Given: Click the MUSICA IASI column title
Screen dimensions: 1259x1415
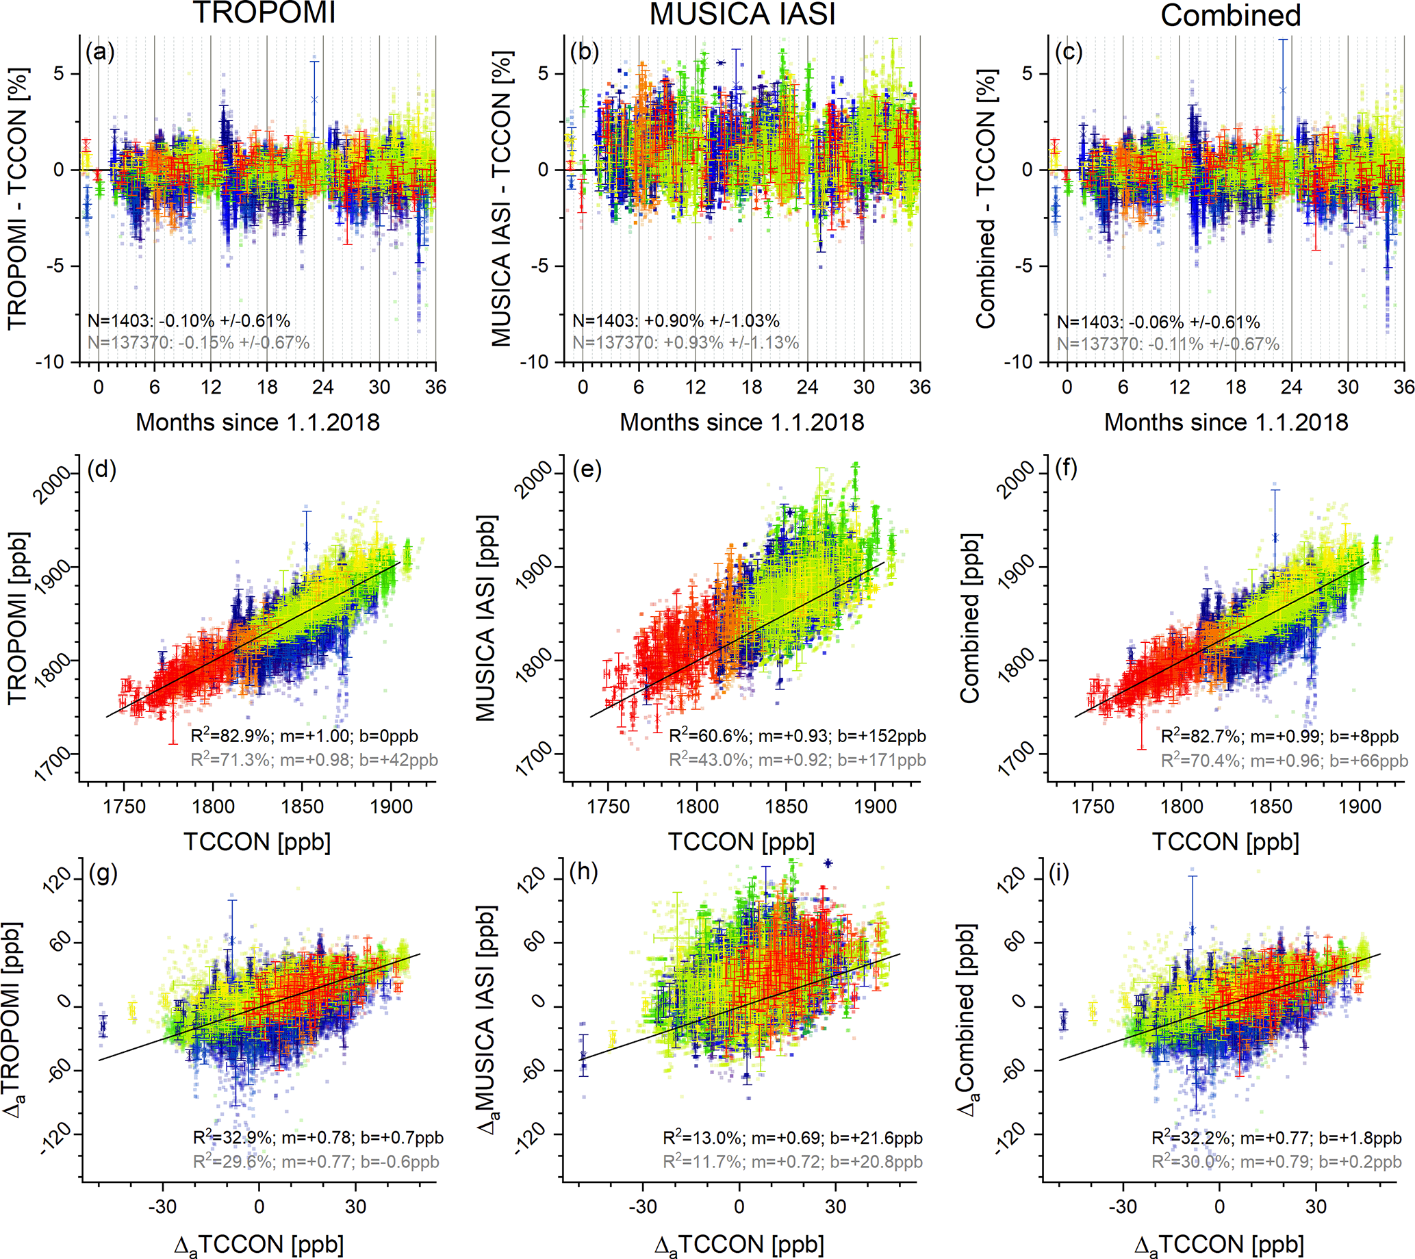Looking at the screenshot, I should pos(742,14).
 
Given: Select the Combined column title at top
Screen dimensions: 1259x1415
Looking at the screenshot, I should pos(1230,15).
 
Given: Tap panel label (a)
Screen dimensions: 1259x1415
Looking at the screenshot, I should pos(101,52).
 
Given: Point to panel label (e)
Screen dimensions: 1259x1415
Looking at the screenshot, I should pos(587,470).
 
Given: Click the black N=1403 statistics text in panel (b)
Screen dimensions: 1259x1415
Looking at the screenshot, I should pos(676,321).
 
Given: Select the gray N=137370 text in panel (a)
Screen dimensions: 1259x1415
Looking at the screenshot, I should pos(199,342).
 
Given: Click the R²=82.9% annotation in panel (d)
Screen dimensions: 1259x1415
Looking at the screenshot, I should pos(305,736).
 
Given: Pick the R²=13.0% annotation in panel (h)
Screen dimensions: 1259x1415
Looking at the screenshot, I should pos(793,1138).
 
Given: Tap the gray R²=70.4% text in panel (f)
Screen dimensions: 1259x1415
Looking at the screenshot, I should pos(1284,761).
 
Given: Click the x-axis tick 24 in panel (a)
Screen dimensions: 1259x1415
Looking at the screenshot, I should pos(323,387).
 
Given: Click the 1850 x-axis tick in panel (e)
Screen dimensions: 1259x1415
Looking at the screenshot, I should pos(787,806).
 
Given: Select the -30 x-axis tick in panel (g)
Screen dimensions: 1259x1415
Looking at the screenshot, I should pos(162,1206).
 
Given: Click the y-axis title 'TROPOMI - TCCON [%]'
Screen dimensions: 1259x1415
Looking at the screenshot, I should pos(18,198).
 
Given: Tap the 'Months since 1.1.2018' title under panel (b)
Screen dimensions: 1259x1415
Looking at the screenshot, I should pos(741,422).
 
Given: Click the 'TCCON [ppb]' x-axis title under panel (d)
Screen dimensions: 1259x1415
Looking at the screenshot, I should pos(257,841).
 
